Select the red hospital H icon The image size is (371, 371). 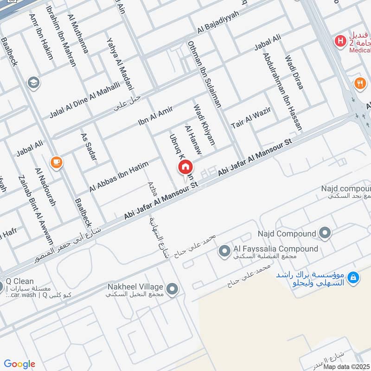tap(341, 41)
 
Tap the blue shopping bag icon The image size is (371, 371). tap(353, 277)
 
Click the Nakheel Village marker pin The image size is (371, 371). tap(173, 290)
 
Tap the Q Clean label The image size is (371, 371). tap(20, 281)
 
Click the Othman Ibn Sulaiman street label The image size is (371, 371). tap(205, 75)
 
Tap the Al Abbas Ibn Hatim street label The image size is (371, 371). tap(119, 177)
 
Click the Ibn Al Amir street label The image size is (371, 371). tap(155, 116)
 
